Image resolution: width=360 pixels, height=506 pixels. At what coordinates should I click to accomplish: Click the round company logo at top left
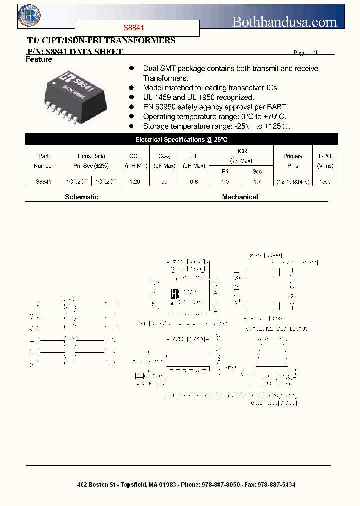[x=29, y=16]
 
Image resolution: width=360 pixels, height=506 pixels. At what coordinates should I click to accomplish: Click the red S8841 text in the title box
[x=134, y=29]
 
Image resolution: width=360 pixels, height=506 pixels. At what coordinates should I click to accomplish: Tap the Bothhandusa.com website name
[x=285, y=21]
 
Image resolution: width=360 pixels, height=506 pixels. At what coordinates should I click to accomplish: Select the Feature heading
[x=39, y=59]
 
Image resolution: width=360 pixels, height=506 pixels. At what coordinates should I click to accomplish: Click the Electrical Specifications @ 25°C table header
[x=181, y=140]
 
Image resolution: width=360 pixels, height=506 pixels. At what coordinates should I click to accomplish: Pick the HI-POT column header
[x=325, y=161]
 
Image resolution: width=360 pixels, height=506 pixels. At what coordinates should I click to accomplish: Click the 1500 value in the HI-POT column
[x=325, y=182]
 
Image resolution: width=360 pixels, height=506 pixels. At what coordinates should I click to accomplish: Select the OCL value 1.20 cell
[x=134, y=182]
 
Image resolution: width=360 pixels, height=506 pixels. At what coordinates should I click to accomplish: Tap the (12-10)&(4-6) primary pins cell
[x=293, y=182]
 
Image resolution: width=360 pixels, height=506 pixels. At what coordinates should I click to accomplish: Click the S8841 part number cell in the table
[x=43, y=182]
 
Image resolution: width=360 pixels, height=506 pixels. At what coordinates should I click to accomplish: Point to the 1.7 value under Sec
[x=257, y=182]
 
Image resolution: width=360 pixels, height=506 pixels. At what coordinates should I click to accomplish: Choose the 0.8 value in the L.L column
[x=194, y=182]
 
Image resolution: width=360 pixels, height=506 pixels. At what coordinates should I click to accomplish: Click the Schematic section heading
[x=82, y=197]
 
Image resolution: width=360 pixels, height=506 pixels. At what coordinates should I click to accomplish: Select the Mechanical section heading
[x=240, y=197]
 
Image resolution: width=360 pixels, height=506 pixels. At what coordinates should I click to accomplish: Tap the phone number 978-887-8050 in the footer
[x=220, y=485]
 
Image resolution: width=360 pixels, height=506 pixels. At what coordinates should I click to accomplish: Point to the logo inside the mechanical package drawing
[x=175, y=294]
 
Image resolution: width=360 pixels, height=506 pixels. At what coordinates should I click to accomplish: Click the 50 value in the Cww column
[x=164, y=182]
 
